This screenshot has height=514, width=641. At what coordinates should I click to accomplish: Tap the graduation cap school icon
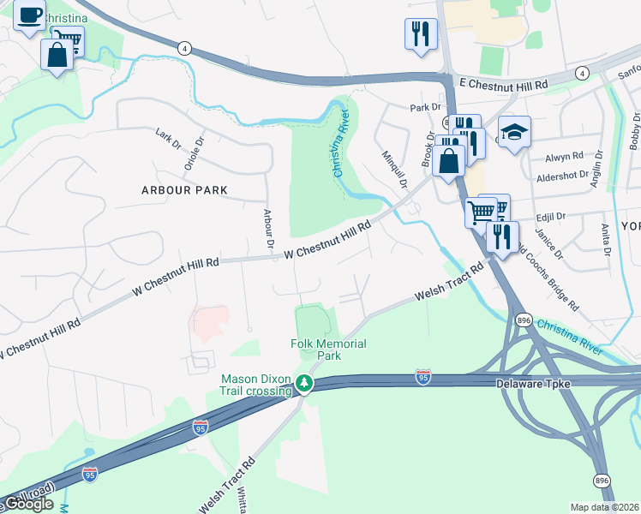pyautogui.click(x=514, y=133)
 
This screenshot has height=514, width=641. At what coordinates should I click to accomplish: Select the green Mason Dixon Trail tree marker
pyautogui.click(x=303, y=385)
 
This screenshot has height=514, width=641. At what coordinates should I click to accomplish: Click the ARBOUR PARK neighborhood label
pyautogui.click(x=184, y=189)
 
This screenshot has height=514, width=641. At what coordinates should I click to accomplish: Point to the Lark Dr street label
pyautogui.click(x=169, y=140)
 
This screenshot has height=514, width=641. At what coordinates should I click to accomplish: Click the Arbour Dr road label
pyautogui.click(x=268, y=229)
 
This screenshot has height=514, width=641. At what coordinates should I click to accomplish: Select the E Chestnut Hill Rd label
pyautogui.click(x=503, y=85)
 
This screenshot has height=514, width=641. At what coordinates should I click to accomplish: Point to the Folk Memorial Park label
pyautogui.click(x=328, y=350)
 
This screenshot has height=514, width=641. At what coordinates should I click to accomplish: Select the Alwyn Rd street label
pyautogui.click(x=565, y=158)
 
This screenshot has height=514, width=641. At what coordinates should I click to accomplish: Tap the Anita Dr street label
pyautogui.click(x=606, y=240)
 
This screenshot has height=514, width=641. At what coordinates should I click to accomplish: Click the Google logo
pyautogui.click(x=28, y=505)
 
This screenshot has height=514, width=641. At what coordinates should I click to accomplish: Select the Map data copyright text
pyautogui.click(x=605, y=507)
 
